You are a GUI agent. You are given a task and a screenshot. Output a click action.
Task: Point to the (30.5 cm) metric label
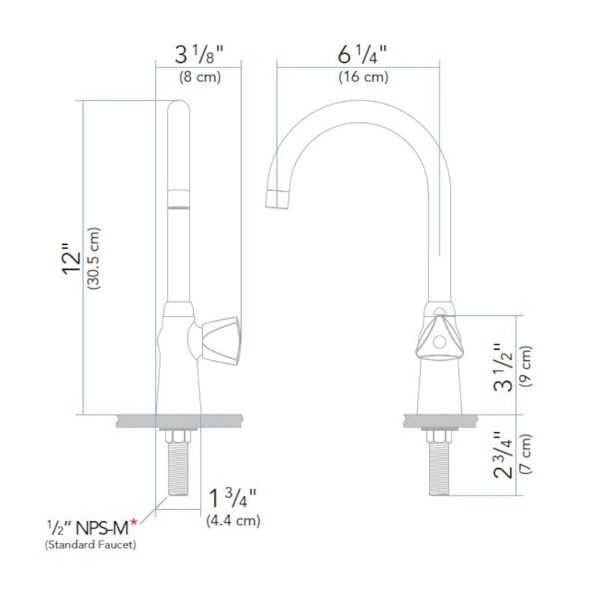(x=95, y=258)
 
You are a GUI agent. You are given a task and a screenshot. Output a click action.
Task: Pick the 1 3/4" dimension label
(x=233, y=498)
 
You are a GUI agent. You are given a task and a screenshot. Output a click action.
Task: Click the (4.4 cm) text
(x=233, y=519)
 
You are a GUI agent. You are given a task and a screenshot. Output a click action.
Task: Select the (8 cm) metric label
(x=198, y=76)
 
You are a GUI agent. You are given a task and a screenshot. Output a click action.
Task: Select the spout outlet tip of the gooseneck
(x=277, y=199)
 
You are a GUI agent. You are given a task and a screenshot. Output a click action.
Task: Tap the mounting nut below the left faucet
(x=180, y=437)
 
